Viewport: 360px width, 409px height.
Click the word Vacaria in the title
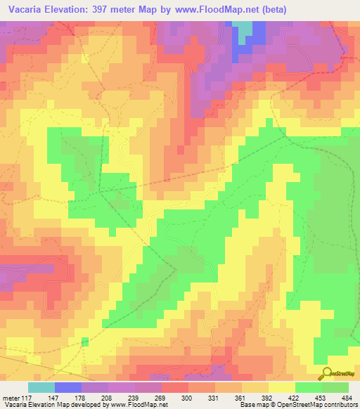(32, 10)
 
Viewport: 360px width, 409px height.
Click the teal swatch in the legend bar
(41, 387)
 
